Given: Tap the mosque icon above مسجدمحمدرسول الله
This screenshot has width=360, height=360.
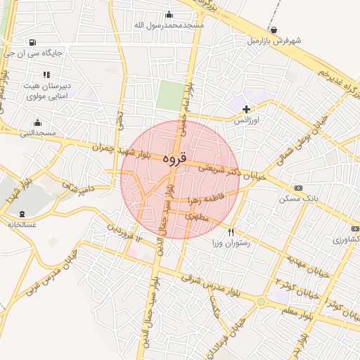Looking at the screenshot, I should point(169,15).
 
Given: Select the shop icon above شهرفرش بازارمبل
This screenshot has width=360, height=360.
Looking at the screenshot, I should point(274,30).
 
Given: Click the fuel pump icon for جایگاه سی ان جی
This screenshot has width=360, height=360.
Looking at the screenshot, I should point(34,42).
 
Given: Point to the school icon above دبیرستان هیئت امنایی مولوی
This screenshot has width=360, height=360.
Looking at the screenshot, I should point(46,75).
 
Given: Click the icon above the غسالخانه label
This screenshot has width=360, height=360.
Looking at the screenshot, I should point(22,214).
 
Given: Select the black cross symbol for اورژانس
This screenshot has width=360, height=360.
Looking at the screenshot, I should point(246,109).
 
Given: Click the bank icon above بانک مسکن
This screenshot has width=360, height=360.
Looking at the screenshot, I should point(299,188).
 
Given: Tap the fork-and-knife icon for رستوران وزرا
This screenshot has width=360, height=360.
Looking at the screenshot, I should point(231,232).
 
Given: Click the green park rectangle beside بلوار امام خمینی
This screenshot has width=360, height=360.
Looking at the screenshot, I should point(168,95).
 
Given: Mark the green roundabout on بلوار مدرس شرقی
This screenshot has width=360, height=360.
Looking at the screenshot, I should point(262,302).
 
